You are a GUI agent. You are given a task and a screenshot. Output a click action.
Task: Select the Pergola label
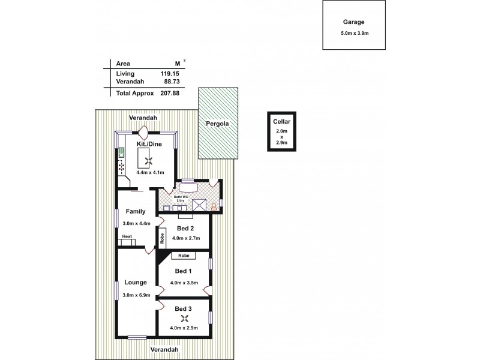218,125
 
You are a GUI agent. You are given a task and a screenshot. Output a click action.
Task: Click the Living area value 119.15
170,74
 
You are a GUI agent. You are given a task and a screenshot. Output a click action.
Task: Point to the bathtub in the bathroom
188,185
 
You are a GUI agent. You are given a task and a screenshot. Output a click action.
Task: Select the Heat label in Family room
127,237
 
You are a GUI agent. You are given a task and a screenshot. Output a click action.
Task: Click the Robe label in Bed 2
163,239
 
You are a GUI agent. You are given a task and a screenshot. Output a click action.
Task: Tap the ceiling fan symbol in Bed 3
184,319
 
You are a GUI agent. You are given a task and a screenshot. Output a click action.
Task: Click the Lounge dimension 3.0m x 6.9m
136,295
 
